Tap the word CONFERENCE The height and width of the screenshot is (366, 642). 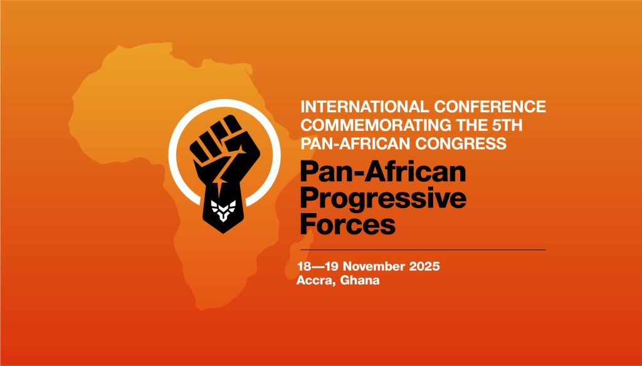point(490,107)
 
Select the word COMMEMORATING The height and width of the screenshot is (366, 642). point(372,125)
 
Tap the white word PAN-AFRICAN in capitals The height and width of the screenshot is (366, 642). point(355,144)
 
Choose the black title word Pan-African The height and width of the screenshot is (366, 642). point(383,172)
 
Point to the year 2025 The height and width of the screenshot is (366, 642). point(424,266)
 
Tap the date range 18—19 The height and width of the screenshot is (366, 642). point(318,266)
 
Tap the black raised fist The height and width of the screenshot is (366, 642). point(224,174)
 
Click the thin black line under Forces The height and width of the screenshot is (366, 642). point(423,249)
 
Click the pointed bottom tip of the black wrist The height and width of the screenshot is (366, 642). point(224,233)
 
